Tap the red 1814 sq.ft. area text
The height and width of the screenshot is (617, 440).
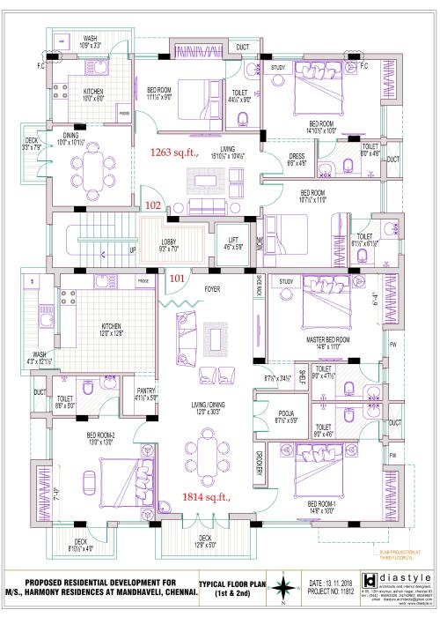pos(207,497)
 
